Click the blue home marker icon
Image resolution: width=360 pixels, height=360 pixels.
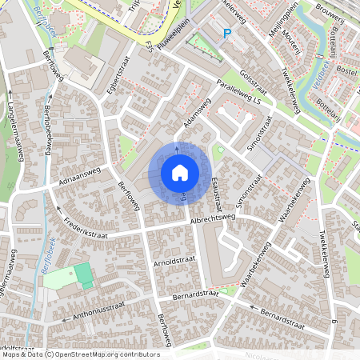[179, 172]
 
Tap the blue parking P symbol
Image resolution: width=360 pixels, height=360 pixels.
[226, 34]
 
